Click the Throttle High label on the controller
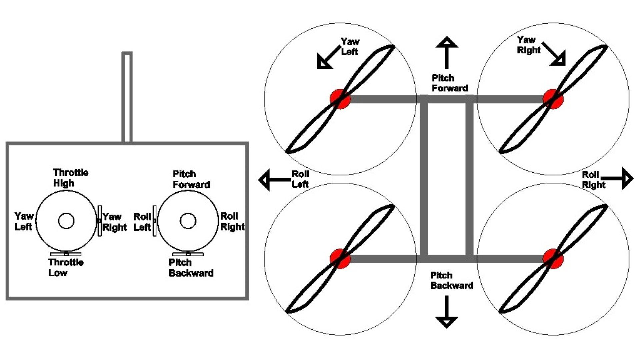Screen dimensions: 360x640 [x=70, y=178]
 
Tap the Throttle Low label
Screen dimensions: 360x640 [x=66, y=267]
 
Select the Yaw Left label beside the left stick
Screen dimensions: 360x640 [x=23, y=221]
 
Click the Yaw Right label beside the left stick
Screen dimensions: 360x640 [x=114, y=222]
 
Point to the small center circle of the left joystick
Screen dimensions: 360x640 [x=66, y=221]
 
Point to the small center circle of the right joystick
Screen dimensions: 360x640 [x=188, y=221]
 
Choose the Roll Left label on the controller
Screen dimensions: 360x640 [x=142, y=222]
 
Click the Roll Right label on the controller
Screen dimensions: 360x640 [x=232, y=221]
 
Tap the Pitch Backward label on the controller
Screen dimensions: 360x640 [x=191, y=268]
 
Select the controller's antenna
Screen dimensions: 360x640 [x=127, y=97]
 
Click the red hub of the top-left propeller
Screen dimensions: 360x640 [x=340, y=99]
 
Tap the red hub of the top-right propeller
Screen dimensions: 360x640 [x=553, y=99]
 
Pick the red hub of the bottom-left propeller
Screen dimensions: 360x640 [x=340, y=259]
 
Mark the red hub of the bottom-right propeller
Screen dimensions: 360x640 [x=553, y=259]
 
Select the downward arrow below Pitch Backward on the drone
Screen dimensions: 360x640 [x=447, y=312]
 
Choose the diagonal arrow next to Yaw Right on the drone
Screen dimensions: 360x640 [x=555, y=54]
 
